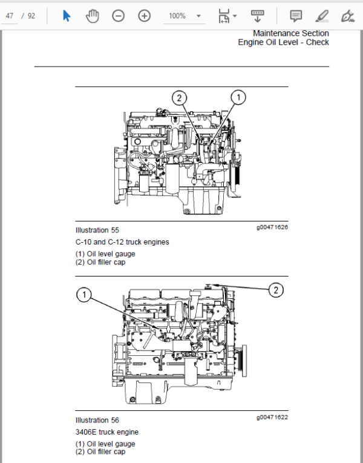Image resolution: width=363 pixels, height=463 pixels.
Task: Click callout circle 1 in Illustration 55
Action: pyautogui.click(x=238, y=97)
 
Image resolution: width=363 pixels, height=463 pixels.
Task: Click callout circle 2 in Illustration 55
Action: pyautogui.click(x=180, y=97)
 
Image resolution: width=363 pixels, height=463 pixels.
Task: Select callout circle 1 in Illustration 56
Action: pyautogui.click(x=84, y=294)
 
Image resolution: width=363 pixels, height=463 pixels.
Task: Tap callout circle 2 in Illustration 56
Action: pyautogui.click(x=276, y=290)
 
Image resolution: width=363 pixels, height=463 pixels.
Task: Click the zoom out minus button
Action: pyautogui.click(x=118, y=16)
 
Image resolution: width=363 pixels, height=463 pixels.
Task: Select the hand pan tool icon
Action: pyautogui.click(x=92, y=16)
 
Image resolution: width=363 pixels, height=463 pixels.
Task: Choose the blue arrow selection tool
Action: pyautogui.click(x=67, y=16)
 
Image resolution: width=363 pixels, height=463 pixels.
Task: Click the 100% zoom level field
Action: pyautogui.click(x=177, y=16)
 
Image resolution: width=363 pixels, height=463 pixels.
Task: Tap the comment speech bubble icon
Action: pyautogui.click(x=296, y=16)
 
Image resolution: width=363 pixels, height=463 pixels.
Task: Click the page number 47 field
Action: pyautogui.click(x=10, y=16)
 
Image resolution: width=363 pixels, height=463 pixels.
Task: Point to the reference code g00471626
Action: pyautogui.click(x=272, y=227)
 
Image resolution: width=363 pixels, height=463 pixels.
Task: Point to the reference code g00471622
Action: pyautogui.click(x=272, y=417)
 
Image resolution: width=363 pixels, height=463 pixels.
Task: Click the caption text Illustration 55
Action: pyautogui.click(x=97, y=230)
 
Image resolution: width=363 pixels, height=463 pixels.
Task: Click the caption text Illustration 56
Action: pyautogui.click(x=97, y=420)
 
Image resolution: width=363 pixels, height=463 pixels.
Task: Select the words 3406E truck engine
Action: pyautogui.click(x=107, y=432)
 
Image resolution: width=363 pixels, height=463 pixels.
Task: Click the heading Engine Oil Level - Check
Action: pyautogui.click(x=283, y=42)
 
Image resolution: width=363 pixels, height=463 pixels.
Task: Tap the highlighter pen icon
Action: pyautogui.click(x=322, y=16)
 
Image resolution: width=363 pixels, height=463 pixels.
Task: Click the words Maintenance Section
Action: pyautogui.click(x=290, y=33)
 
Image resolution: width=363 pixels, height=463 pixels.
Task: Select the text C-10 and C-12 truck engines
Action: pyautogui.click(x=122, y=242)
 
